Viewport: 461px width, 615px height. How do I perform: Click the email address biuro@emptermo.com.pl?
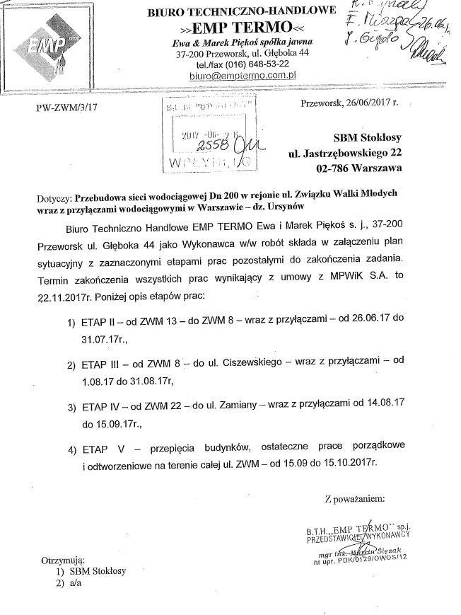tap(236, 74)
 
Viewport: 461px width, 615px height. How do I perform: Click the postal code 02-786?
tap(336, 168)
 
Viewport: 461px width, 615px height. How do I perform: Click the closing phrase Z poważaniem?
tap(355, 499)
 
